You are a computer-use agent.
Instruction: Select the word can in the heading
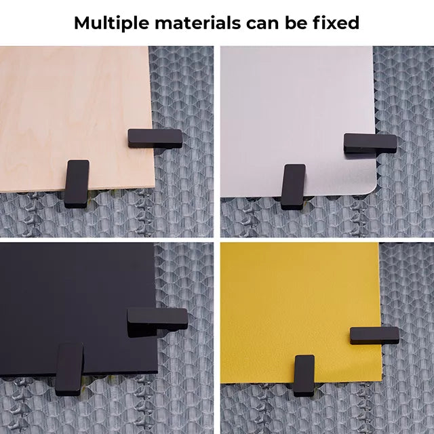click(x=259, y=22)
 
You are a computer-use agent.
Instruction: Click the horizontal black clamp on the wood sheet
click(x=155, y=138)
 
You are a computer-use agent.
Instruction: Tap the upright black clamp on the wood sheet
click(x=77, y=182)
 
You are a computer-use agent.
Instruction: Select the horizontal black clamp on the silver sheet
click(x=370, y=142)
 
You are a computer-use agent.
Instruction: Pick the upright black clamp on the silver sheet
click(x=293, y=186)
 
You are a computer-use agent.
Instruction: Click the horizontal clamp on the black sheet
click(x=157, y=318)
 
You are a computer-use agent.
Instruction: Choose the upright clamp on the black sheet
click(x=69, y=369)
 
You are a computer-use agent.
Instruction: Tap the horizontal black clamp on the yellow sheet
click(x=374, y=335)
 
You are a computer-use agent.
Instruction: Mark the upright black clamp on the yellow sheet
click(x=304, y=375)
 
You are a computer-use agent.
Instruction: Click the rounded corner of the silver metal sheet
click(x=370, y=189)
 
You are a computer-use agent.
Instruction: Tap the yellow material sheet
click(x=298, y=298)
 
